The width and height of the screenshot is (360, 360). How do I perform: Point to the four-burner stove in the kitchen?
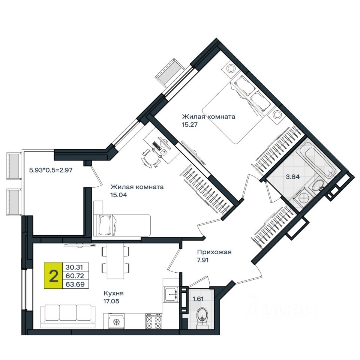154,321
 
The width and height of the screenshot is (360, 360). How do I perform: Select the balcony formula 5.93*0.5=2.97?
51,169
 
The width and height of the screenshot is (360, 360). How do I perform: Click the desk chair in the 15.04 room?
149,156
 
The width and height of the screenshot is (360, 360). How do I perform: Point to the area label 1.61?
198,299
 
